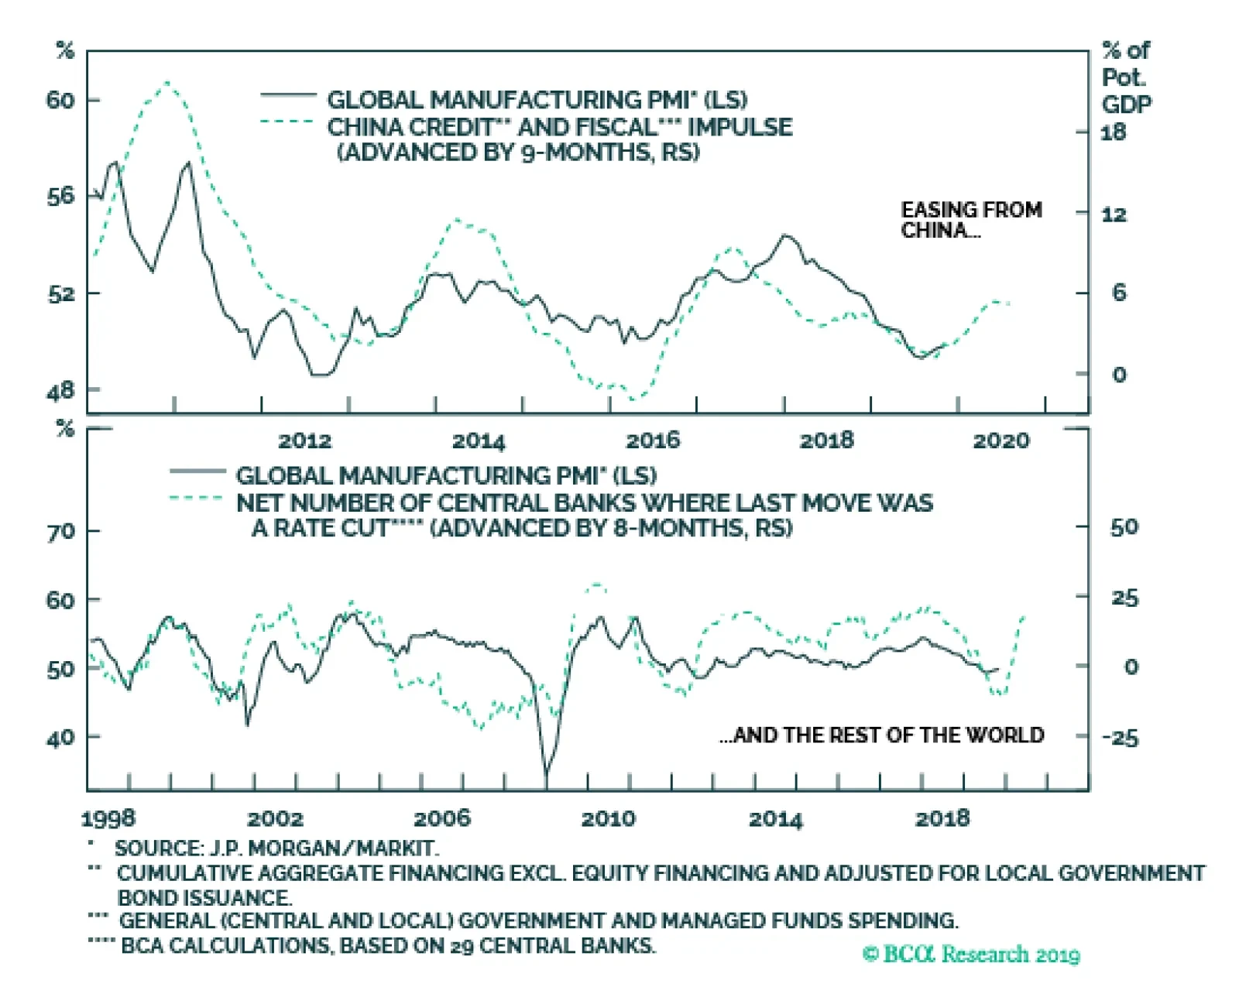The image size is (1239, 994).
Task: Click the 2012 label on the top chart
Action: point(304,440)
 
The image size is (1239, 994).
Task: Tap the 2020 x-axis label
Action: point(1000,440)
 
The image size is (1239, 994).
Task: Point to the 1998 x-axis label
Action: point(108,818)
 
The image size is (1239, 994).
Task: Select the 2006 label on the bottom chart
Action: point(441,818)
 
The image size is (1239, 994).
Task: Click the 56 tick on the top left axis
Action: point(61,196)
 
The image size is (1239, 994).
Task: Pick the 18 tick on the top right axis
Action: point(1114,132)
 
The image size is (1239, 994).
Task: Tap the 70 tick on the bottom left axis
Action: point(61,531)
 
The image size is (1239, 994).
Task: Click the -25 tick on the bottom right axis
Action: point(1120,737)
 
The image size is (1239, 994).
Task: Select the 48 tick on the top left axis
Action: point(61,390)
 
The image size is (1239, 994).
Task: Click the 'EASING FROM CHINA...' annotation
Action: point(971,220)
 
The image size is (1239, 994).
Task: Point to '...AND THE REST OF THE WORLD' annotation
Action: point(881,735)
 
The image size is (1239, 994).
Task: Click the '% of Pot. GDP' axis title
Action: point(1127,77)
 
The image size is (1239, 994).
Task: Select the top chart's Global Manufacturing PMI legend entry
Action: point(537,100)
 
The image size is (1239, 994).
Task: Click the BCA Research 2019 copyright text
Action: point(971,954)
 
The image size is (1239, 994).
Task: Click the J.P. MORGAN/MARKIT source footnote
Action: point(276,848)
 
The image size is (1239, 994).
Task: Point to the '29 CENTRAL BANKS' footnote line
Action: point(388,945)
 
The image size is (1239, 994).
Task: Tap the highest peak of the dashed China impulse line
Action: point(167,82)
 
